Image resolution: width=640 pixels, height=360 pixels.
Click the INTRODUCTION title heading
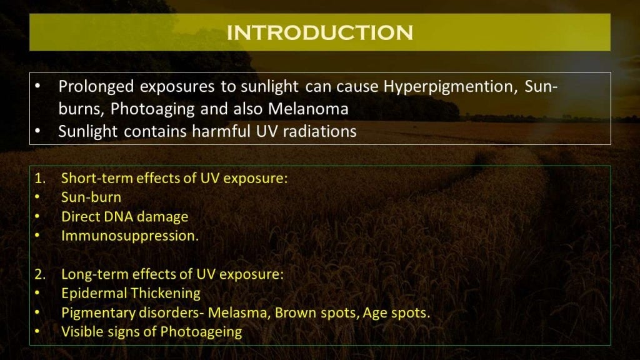(319, 32)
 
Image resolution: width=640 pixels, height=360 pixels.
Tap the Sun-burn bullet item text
(91, 197)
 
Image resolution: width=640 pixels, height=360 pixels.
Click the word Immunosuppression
(130, 236)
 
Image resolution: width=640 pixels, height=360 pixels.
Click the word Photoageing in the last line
(201, 332)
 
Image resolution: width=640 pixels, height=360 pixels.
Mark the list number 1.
(39, 177)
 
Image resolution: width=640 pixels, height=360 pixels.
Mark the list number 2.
(39, 274)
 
